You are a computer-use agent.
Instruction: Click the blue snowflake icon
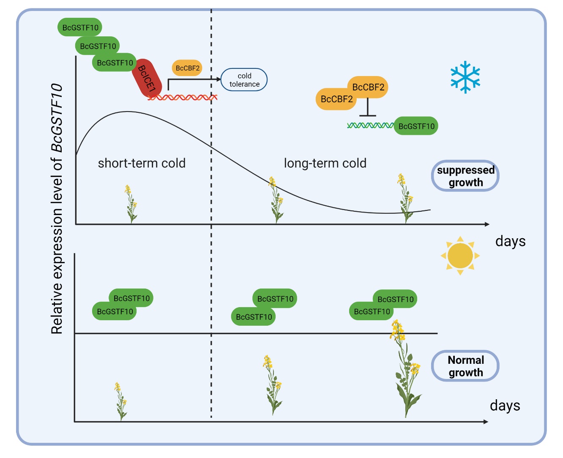click(465, 77)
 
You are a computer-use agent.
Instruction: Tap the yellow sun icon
click(460, 256)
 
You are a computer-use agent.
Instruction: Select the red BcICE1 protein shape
click(147, 79)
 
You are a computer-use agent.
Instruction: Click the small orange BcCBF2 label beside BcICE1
click(187, 68)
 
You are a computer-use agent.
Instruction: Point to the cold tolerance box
click(244, 80)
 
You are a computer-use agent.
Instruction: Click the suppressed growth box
click(465, 176)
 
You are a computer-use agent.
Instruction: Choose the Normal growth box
click(465, 366)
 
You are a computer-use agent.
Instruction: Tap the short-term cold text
click(142, 164)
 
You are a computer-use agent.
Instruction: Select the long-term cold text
click(325, 164)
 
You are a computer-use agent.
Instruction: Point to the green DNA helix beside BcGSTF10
click(370, 125)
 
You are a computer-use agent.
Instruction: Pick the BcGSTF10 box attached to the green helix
click(416, 126)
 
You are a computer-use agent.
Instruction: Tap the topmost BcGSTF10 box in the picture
click(80, 27)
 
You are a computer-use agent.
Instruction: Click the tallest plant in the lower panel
click(405, 368)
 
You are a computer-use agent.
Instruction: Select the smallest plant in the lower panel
click(120, 401)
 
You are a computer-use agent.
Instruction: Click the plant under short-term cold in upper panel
click(131, 204)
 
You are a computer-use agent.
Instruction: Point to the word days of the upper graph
click(510, 241)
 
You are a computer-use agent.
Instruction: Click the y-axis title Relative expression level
click(57, 209)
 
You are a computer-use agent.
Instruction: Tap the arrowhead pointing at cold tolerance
click(218, 79)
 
